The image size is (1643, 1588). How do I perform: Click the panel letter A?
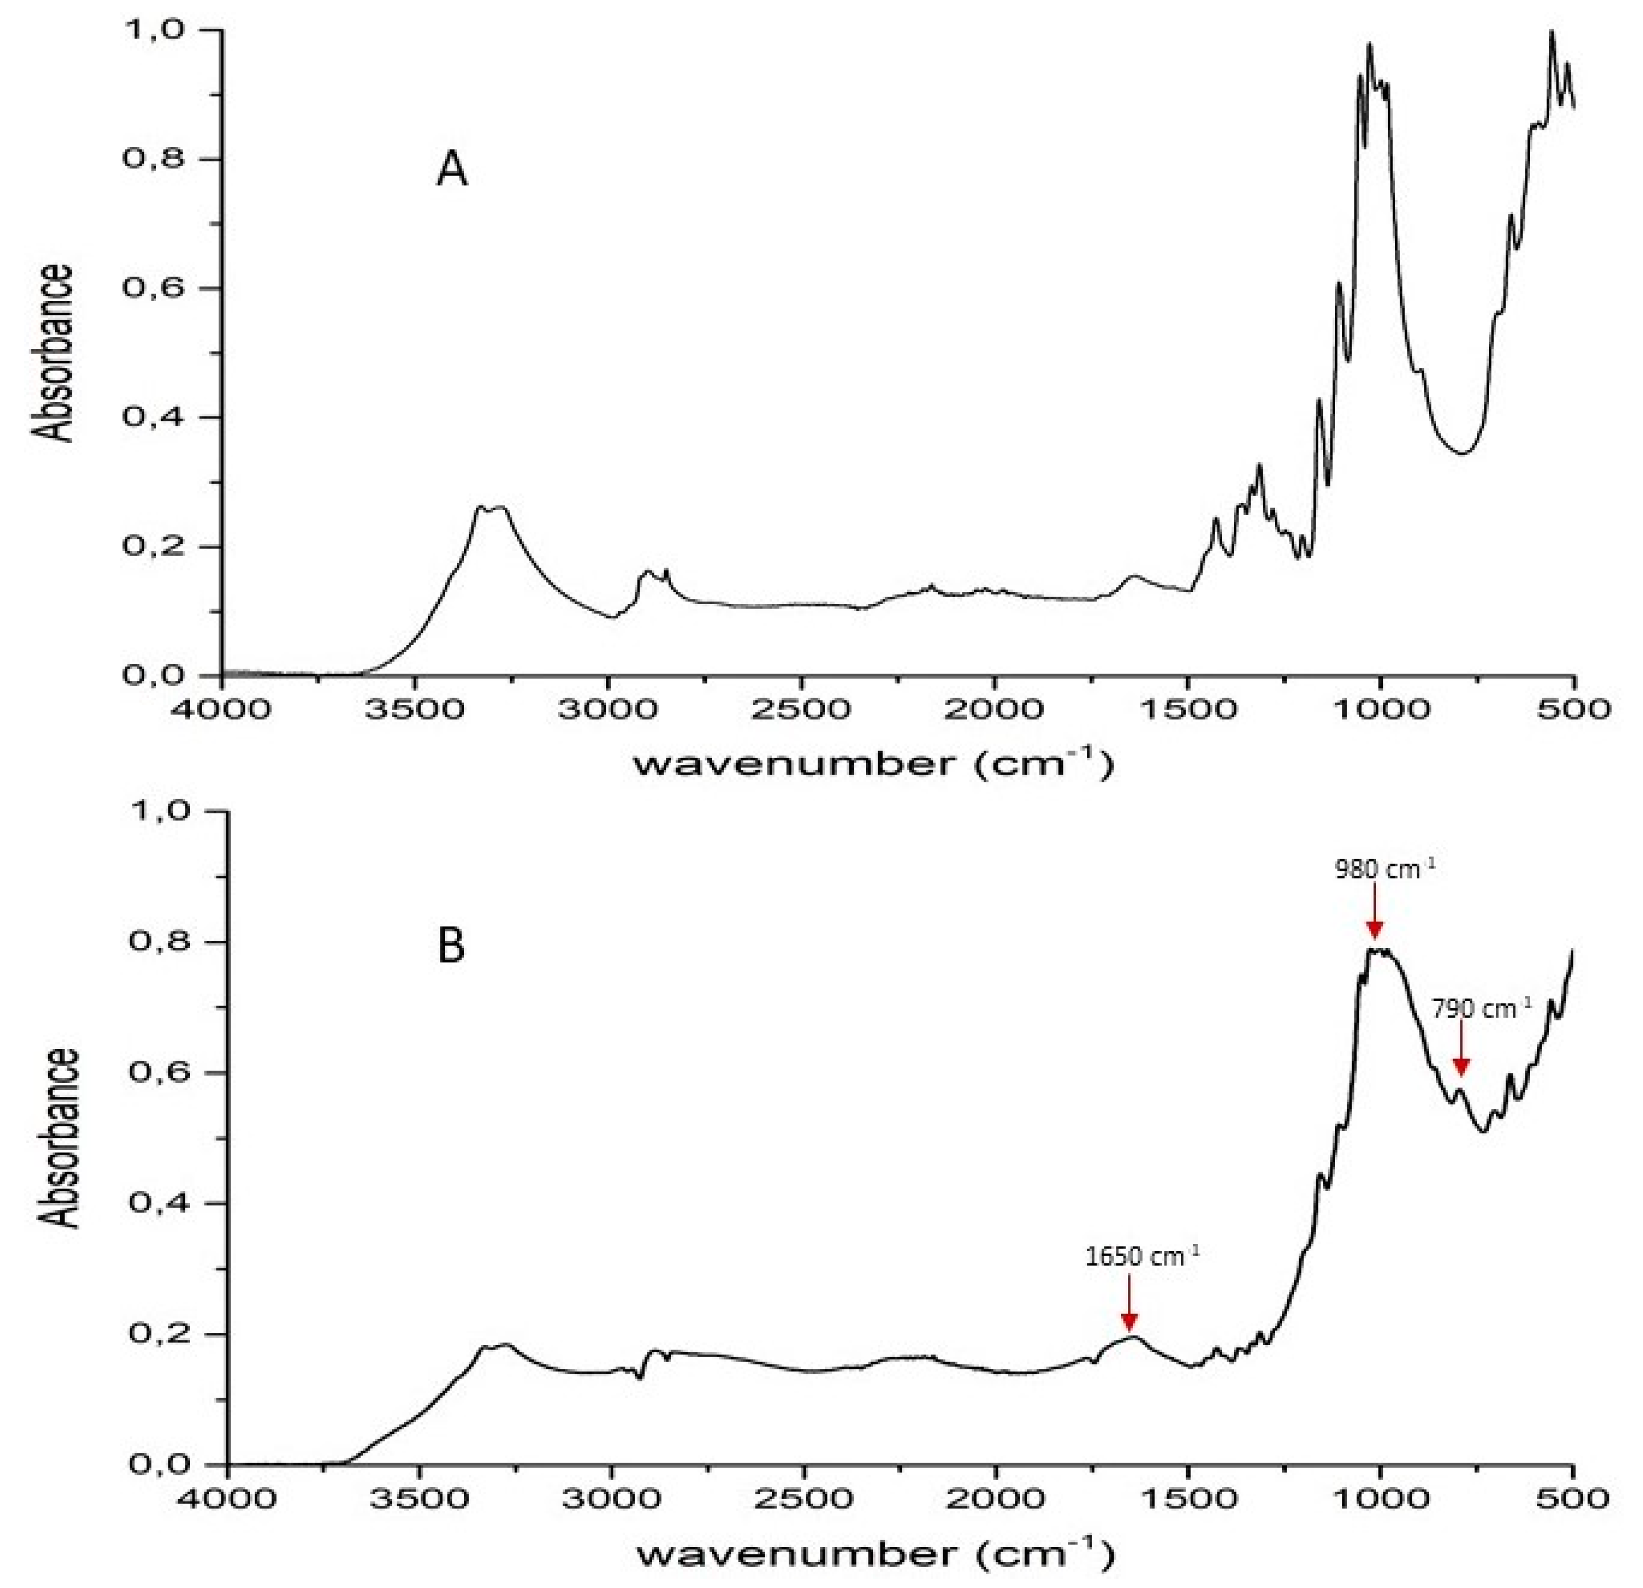coord(452,171)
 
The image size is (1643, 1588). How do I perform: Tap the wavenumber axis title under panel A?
coord(872,763)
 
